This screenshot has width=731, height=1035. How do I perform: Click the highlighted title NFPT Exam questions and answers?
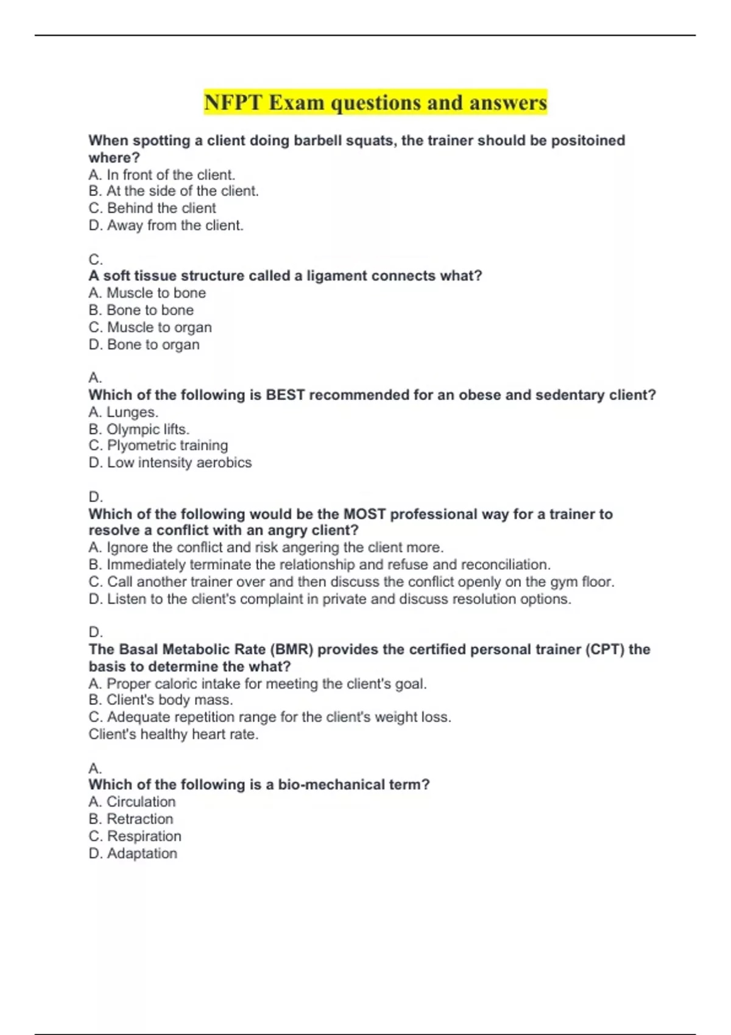375,102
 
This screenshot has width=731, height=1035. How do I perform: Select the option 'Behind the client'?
152,208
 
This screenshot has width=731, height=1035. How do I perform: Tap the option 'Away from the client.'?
166,225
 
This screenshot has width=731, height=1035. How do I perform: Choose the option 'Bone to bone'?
141,310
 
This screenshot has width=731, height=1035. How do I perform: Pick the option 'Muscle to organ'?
150,328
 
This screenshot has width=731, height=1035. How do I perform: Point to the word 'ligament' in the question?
337,276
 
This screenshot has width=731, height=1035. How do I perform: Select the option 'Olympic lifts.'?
139,429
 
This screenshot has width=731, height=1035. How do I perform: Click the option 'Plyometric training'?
158,446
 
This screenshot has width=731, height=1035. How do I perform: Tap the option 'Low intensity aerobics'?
170,463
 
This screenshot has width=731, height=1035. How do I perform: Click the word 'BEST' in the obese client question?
285,395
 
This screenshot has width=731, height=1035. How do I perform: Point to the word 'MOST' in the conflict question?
364,514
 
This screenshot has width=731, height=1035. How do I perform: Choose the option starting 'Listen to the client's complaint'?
330,599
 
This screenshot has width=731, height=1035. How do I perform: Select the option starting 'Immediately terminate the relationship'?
319,565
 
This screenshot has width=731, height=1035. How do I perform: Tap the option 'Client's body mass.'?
161,700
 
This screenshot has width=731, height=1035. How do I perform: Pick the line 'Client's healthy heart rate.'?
174,734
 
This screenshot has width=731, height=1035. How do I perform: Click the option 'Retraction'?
131,819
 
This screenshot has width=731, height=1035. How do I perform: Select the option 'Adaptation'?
133,854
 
